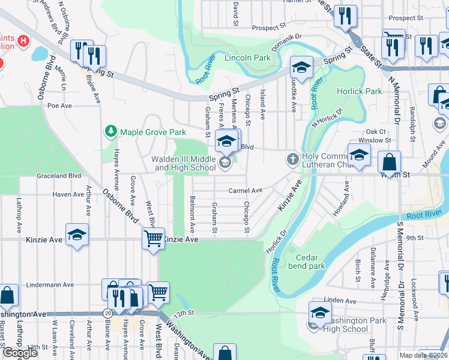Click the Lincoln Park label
click(x=247, y=58)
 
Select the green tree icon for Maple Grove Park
click(x=110, y=131)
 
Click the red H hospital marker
click(x=23, y=41)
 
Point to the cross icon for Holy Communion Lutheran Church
click(x=292, y=159)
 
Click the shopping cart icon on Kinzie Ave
click(x=153, y=238)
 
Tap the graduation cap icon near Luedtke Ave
click(x=301, y=66)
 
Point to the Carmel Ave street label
click(x=245, y=191)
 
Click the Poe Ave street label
click(x=59, y=106)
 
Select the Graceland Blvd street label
click(x=58, y=176)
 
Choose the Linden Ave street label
click(x=336, y=299)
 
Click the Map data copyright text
click(x=426, y=355)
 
